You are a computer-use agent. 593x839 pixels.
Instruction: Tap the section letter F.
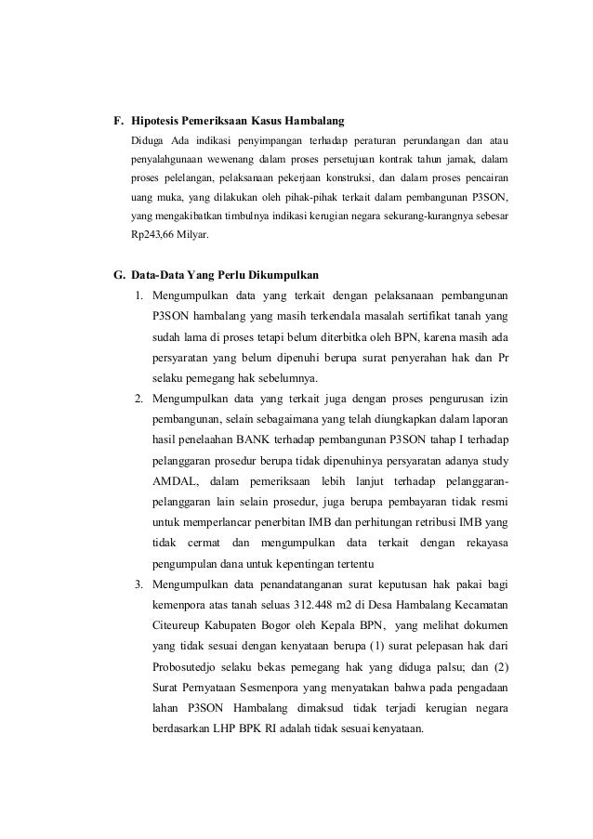click(117, 122)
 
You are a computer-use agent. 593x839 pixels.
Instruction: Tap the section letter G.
click(118, 276)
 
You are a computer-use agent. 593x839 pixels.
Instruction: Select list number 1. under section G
click(138, 297)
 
